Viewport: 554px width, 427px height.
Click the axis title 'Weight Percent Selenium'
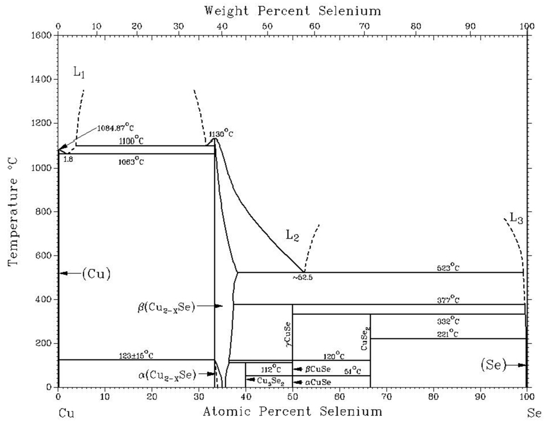click(x=292, y=10)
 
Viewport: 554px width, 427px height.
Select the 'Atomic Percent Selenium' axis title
click(x=292, y=411)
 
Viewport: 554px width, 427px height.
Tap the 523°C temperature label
click(x=448, y=267)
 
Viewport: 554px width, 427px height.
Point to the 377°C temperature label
click(x=448, y=299)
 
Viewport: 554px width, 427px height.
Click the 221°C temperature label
click(x=448, y=334)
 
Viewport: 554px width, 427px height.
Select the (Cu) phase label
click(x=96, y=274)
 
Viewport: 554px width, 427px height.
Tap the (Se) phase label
click(x=494, y=364)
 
